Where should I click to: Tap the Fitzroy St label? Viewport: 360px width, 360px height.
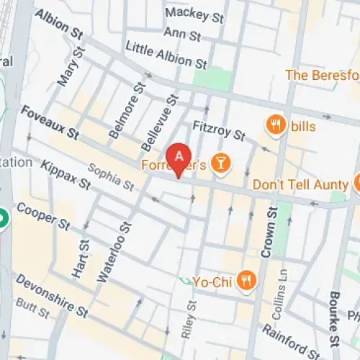220,130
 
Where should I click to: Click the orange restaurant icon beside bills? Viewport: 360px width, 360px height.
274,126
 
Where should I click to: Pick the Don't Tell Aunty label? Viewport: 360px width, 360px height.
300,185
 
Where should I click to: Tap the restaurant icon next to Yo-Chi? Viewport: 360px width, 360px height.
247,279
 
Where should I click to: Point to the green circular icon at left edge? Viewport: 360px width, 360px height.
3,218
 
